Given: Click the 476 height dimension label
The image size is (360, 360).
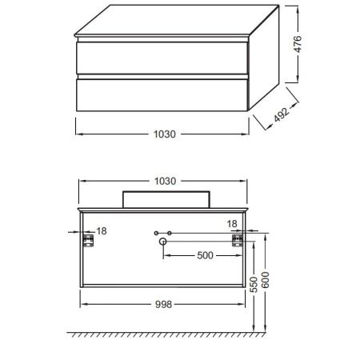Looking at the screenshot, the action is click(x=298, y=44).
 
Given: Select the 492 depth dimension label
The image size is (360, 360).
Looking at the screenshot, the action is click(x=282, y=115).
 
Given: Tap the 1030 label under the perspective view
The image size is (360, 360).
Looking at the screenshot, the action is click(x=165, y=134).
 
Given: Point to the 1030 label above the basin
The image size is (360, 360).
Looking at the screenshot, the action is click(x=165, y=181).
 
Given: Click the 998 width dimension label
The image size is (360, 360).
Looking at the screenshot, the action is click(x=163, y=304).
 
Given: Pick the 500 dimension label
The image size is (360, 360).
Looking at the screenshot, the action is click(x=205, y=255).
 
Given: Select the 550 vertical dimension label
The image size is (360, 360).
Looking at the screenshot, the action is click(x=254, y=285).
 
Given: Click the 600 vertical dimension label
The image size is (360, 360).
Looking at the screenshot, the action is click(x=266, y=280).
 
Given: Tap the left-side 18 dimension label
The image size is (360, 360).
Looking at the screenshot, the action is click(x=102, y=231).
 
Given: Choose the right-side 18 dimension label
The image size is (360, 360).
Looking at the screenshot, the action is click(x=232, y=224).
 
